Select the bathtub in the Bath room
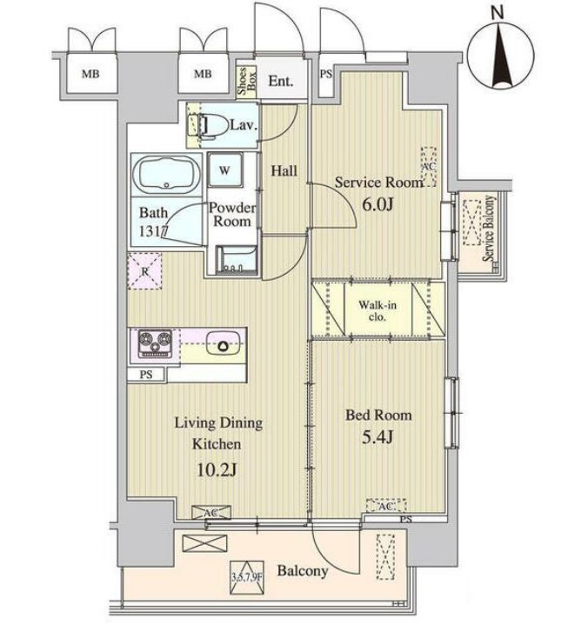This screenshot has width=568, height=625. pyautogui.click(x=166, y=175)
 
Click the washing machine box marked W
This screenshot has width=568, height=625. pyautogui.click(x=224, y=170)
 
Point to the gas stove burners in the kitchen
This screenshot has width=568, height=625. pyautogui.click(x=155, y=343)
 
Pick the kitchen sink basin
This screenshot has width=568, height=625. pyautogui.click(x=222, y=345)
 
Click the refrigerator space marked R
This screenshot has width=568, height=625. pyautogui.click(x=144, y=271)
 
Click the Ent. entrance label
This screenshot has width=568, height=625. pyautogui.click(x=281, y=82)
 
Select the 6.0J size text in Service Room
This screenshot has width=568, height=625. pyautogui.click(x=378, y=205)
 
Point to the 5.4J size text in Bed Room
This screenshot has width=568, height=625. pyautogui.click(x=378, y=437)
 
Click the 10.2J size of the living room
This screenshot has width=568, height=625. pyautogui.click(x=217, y=470)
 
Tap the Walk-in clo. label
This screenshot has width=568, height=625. pyautogui.click(x=378, y=311)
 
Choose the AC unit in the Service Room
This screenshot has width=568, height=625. pyautogui.click(x=429, y=167)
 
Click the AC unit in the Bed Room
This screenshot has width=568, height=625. pyautogui.click(x=385, y=506)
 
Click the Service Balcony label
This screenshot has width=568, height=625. pyautogui.click(x=489, y=228)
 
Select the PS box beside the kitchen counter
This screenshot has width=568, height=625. pyautogui.click(x=146, y=375)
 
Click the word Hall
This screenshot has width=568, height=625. pyautogui.click(x=284, y=171)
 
